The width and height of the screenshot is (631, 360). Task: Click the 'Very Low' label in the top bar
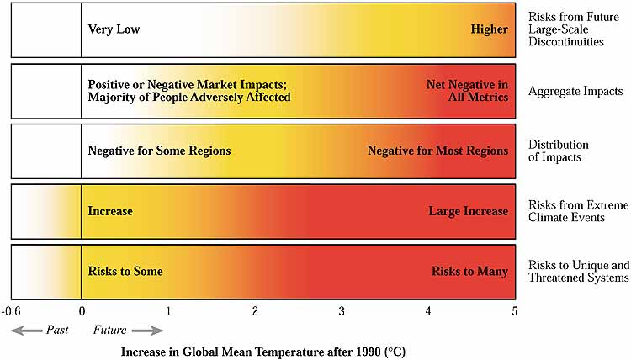(114, 29)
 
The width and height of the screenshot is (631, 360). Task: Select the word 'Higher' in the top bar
(490, 29)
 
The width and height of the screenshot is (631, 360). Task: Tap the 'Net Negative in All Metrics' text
(467, 91)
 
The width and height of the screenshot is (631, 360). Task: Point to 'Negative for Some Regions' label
(159, 151)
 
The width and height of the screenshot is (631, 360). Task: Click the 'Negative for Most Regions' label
(437, 151)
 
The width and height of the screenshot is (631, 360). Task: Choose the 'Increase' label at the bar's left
(110, 211)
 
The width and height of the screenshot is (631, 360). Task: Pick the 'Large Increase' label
(468, 211)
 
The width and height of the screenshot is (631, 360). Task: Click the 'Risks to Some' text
(125, 272)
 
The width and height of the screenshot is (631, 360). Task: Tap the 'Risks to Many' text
(469, 272)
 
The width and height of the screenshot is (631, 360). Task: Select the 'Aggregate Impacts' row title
(575, 91)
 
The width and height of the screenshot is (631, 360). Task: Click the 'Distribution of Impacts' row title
(559, 151)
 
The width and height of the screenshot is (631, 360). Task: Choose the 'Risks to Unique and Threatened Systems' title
(578, 272)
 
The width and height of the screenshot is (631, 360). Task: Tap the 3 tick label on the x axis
(342, 312)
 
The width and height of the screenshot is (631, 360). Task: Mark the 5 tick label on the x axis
(515, 312)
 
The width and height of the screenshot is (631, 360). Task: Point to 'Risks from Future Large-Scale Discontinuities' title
(573, 29)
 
